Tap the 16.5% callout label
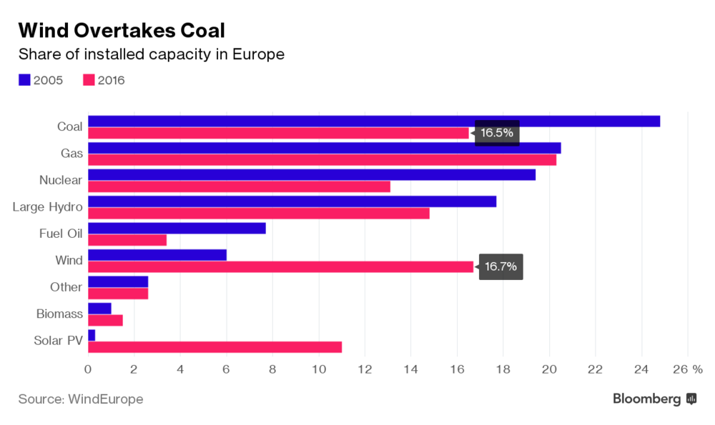pos(496,133)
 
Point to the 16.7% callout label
pos(500,267)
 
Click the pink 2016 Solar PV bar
pos(214,347)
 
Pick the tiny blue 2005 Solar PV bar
pos(92,335)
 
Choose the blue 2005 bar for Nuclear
pos(311,175)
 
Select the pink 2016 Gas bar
pos(322,159)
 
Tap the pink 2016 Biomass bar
pos(105,320)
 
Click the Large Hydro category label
pos(47,207)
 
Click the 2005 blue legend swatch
pos(24,80)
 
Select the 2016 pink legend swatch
pos(89,80)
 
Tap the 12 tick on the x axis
pos(365,369)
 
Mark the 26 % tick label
pos(689,369)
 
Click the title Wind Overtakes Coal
pos(122,30)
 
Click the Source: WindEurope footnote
pos(81,399)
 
